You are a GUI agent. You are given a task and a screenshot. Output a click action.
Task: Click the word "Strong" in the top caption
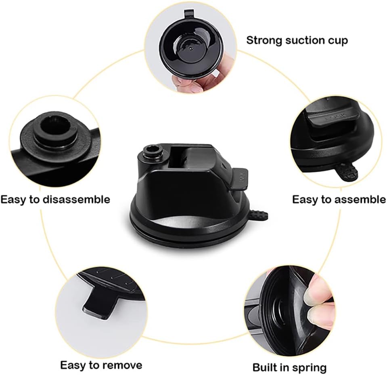(x=264, y=40)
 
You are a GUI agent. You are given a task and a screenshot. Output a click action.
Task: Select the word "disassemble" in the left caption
(x=77, y=199)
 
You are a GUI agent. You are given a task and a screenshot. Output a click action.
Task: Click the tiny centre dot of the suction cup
(x=190, y=49)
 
